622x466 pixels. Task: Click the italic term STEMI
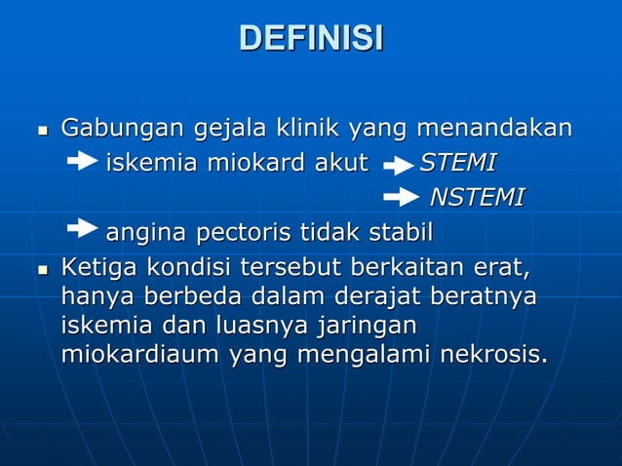click(x=457, y=162)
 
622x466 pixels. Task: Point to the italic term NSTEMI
click(x=477, y=198)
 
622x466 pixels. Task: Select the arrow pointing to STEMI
click(x=398, y=166)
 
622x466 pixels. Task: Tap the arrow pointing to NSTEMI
click(x=402, y=199)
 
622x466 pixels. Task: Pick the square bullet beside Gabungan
click(x=40, y=131)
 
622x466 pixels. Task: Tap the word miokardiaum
click(x=139, y=355)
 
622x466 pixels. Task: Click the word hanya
click(x=93, y=295)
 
